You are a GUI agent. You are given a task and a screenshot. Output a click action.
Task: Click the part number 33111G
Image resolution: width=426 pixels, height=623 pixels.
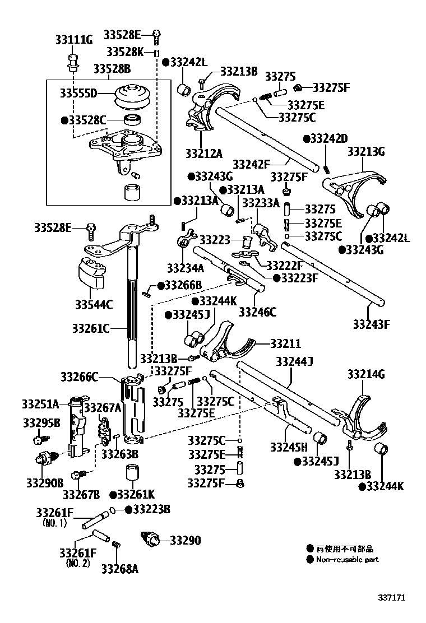pos(73,40)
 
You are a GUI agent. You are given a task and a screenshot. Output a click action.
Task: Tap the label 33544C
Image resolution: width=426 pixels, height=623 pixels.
pos(94,305)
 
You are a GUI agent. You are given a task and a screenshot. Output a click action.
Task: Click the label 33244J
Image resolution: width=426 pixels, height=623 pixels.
pos(293,361)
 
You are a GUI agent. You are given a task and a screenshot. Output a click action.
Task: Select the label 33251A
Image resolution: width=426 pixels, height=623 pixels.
pos(40,403)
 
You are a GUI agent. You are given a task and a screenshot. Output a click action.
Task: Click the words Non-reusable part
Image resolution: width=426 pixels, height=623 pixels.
pos(348,559)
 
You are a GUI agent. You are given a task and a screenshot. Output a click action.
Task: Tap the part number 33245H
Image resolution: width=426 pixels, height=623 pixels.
pos(289,447)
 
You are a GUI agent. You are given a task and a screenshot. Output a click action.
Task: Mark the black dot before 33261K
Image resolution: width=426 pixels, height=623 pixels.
pos(113,495)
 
